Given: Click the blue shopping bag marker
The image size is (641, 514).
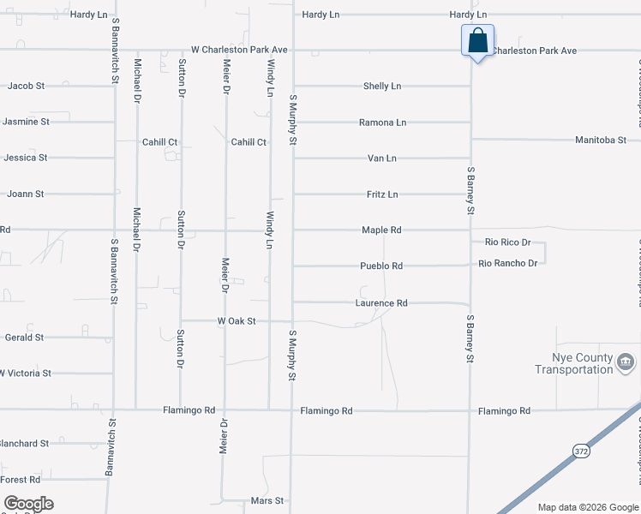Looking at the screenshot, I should (x=477, y=40).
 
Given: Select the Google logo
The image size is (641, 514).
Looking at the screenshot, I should (x=28, y=504).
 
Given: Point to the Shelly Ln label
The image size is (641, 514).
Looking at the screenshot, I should (x=381, y=87).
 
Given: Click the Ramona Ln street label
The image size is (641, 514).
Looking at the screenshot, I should (x=382, y=123).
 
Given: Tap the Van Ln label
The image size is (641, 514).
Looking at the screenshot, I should (x=381, y=158).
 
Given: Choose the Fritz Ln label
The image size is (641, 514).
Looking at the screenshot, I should (x=381, y=194).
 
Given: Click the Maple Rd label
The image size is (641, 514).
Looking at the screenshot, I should (x=381, y=230).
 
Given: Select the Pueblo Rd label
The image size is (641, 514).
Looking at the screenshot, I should (x=381, y=266).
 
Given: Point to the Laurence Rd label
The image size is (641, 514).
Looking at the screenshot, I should (x=381, y=303).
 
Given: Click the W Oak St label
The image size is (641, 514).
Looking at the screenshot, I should (x=237, y=321).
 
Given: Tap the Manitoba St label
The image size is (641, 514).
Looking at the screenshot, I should (x=601, y=140).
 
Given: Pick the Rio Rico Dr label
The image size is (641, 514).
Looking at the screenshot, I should (x=507, y=242).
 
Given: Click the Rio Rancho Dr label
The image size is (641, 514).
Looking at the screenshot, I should (x=508, y=263).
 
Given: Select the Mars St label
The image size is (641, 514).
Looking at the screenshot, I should (x=267, y=500).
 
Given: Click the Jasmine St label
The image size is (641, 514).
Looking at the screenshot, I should (x=26, y=122).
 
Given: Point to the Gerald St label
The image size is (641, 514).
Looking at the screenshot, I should (x=24, y=338).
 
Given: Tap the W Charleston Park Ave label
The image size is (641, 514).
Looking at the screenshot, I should (x=238, y=51).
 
